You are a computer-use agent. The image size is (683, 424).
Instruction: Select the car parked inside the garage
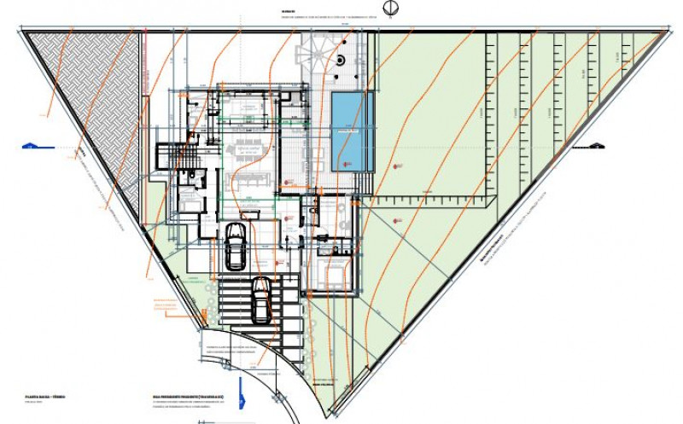[235, 245]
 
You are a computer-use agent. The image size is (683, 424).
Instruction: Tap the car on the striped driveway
[261, 299]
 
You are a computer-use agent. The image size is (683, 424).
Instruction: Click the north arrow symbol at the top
[389, 9]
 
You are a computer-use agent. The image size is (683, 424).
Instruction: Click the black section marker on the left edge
[29, 146]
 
